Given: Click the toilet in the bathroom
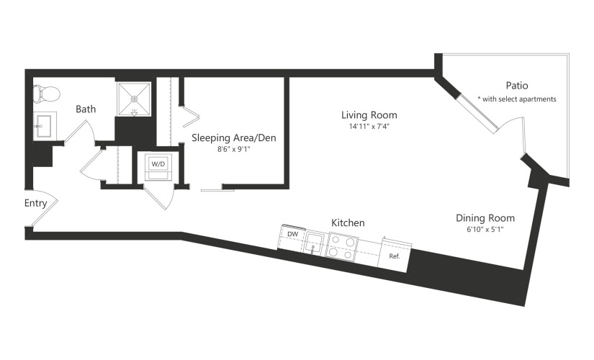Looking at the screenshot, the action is coord(47,94).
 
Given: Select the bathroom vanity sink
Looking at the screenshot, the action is coord(45,126).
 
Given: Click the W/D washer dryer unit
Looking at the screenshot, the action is coord(158,166).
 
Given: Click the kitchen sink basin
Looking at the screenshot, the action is coord(315,243).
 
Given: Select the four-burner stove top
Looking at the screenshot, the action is coord(343,247).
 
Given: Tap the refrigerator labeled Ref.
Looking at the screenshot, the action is coord(395,255).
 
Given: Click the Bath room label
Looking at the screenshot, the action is coord(86,109).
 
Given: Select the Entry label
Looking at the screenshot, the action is coord(35,204).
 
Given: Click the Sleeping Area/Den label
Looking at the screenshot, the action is coord(234,138).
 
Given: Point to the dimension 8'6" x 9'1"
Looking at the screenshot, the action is coord(234,149).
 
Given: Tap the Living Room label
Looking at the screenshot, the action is coord(369,114).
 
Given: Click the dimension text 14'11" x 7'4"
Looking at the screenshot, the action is coord(369,127).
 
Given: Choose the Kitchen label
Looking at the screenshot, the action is coord(348,222).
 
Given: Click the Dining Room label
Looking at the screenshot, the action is coord(485,218).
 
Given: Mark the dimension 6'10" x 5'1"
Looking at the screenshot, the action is coord(485,229).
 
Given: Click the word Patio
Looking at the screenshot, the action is coord(517,86).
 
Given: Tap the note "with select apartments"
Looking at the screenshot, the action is coord(519,99).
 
